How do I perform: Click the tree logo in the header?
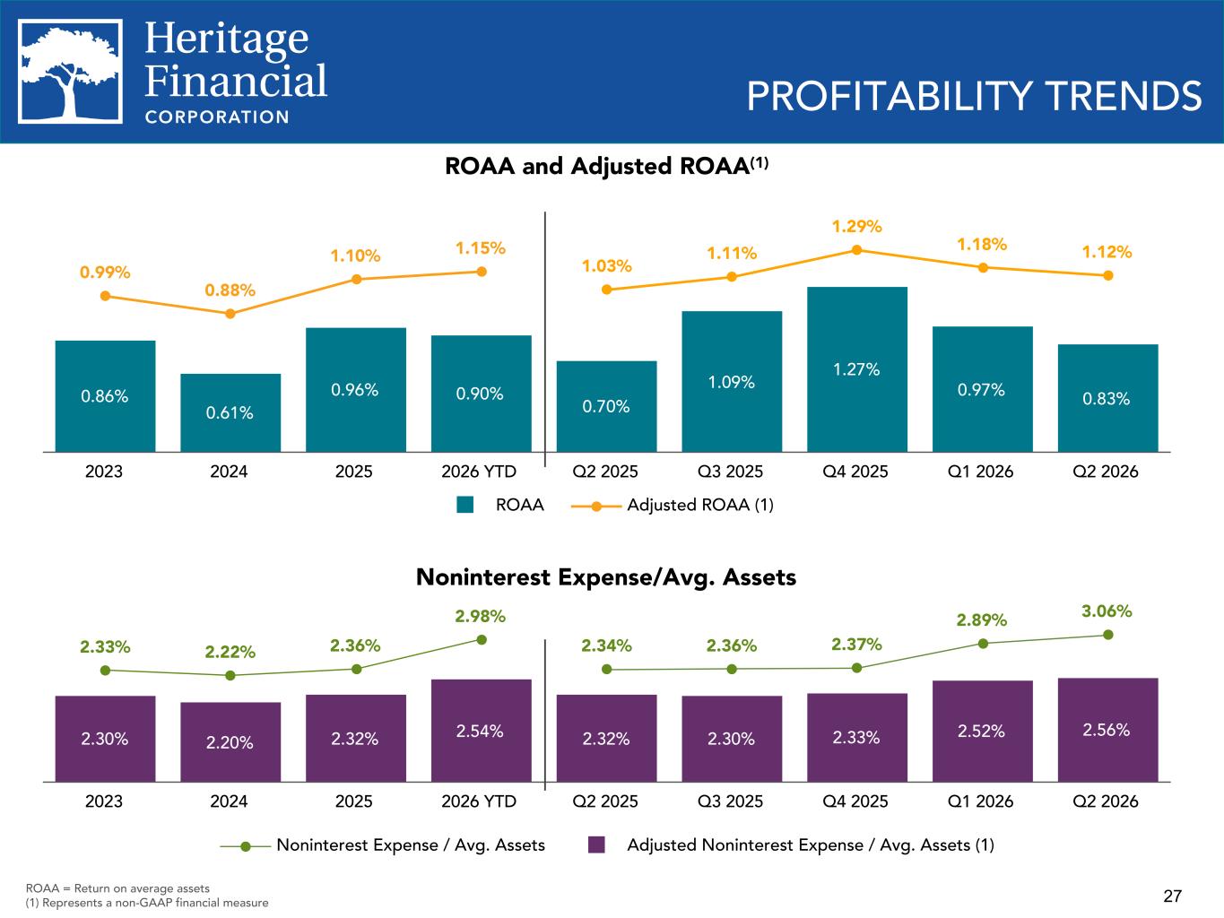[x=70, y=72]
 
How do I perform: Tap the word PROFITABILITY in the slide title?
[x=890, y=96]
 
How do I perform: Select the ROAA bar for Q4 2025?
[x=856, y=369]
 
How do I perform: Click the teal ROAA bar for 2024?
[x=230, y=412]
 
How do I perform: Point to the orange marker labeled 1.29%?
[x=856, y=250]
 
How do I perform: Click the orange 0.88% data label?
[x=230, y=290]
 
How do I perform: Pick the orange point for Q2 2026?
[x=1108, y=275]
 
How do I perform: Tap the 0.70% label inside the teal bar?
[x=605, y=406]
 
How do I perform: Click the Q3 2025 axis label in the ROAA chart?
[x=730, y=472]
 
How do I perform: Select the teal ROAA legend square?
[x=465, y=505]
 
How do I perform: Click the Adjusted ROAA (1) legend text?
[x=700, y=505]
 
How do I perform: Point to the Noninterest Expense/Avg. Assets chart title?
[x=606, y=577]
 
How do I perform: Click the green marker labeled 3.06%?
[x=1108, y=635]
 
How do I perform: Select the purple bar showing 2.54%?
[x=482, y=730]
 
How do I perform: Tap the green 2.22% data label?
[x=230, y=652]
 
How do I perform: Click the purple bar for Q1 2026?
[x=983, y=731]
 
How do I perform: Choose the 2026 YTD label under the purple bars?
[x=479, y=801]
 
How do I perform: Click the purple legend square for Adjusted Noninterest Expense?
[x=596, y=844]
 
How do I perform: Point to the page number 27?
[x=1172, y=896]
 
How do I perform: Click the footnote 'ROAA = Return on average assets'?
[x=117, y=888]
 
